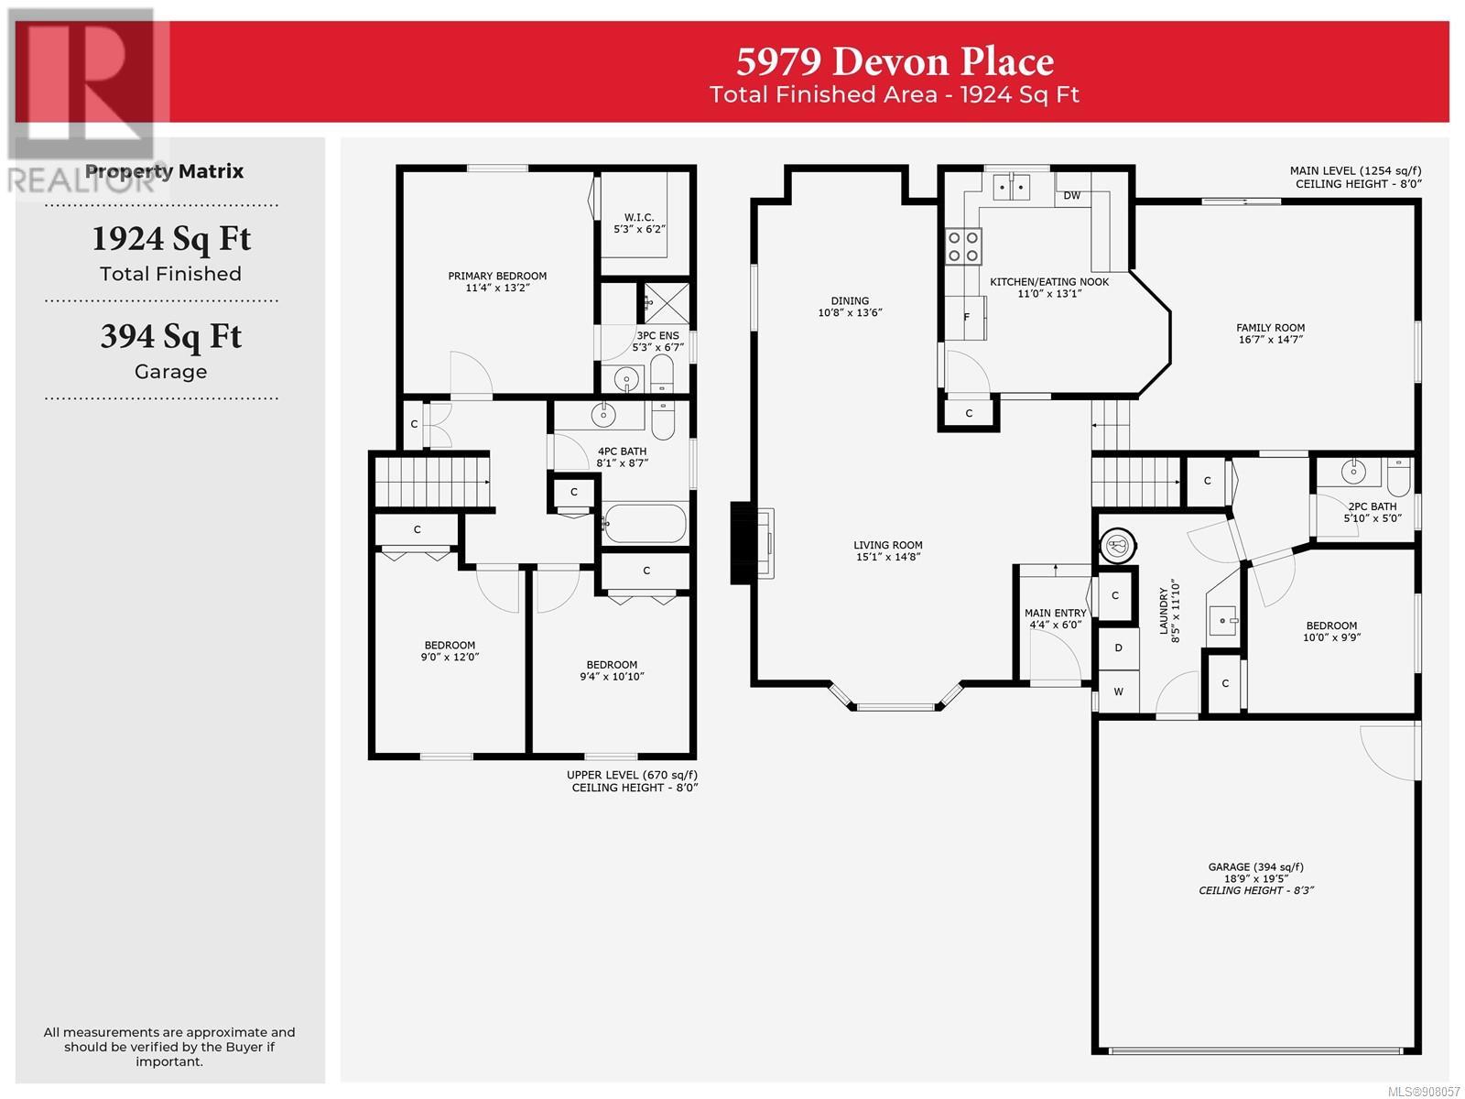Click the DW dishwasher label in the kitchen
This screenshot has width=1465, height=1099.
(1071, 195)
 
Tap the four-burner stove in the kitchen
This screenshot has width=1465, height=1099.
(963, 246)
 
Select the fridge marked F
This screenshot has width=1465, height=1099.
(965, 317)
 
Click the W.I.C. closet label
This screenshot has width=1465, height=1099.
(639, 217)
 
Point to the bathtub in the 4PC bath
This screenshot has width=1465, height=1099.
(644, 524)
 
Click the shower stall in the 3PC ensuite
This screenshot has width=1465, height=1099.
(666, 304)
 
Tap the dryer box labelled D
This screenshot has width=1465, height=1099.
(1118, 647)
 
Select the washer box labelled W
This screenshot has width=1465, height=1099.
(1118, 691)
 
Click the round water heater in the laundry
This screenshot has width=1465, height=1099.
(1117, 546)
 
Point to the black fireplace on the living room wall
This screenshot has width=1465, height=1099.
(742, 543)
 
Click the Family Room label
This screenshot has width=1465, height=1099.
(1270, 328)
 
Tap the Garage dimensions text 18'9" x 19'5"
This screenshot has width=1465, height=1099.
(1255, 879)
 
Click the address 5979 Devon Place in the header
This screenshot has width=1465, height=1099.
(895, 61)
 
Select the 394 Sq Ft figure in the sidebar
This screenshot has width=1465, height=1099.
(171, 336)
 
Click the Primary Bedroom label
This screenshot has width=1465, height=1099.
(497, 276)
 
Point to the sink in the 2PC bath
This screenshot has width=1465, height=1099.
(1353, 473)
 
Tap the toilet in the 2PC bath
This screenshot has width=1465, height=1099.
(1399, 475)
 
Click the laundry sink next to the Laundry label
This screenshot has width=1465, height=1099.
(1222, 621)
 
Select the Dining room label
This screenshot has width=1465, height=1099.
(850, 301)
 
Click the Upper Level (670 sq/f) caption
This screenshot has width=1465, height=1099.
(632, 775)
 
